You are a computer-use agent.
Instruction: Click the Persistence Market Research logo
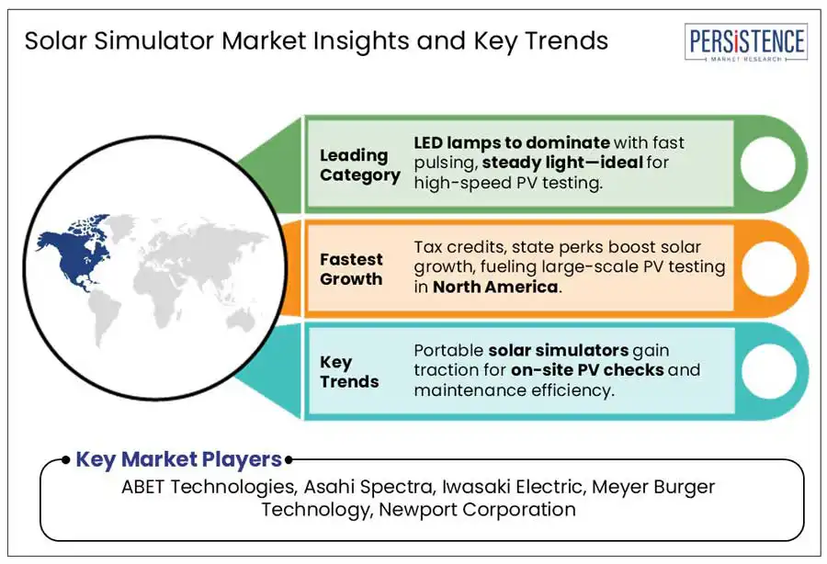click(x=746, y=42)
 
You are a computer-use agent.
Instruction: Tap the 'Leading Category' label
click(x=359, y=165)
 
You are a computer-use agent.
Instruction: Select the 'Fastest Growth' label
click(x=351, y=269)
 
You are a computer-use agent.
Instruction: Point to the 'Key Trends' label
click(x=349, y=372)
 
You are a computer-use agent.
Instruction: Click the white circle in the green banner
click(x=768, y=164)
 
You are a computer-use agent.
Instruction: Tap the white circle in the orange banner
click(x=768, y=268)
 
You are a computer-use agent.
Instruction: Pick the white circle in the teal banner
click(x=768, y=371)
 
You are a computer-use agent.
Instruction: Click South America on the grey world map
click(x=105, y=316)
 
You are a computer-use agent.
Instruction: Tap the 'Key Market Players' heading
click(x=179, y=459)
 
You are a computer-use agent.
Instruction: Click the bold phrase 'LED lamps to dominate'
click(x=512, y=142)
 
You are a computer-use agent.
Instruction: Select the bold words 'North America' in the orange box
click(x=495, y=287)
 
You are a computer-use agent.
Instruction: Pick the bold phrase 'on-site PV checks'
click(x=587, y=370)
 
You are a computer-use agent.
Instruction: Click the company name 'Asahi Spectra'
click(x=369, y=487)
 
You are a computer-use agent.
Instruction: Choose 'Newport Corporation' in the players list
click(x=477, y=510)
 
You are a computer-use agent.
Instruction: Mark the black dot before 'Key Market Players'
click(x=65, y=460)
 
